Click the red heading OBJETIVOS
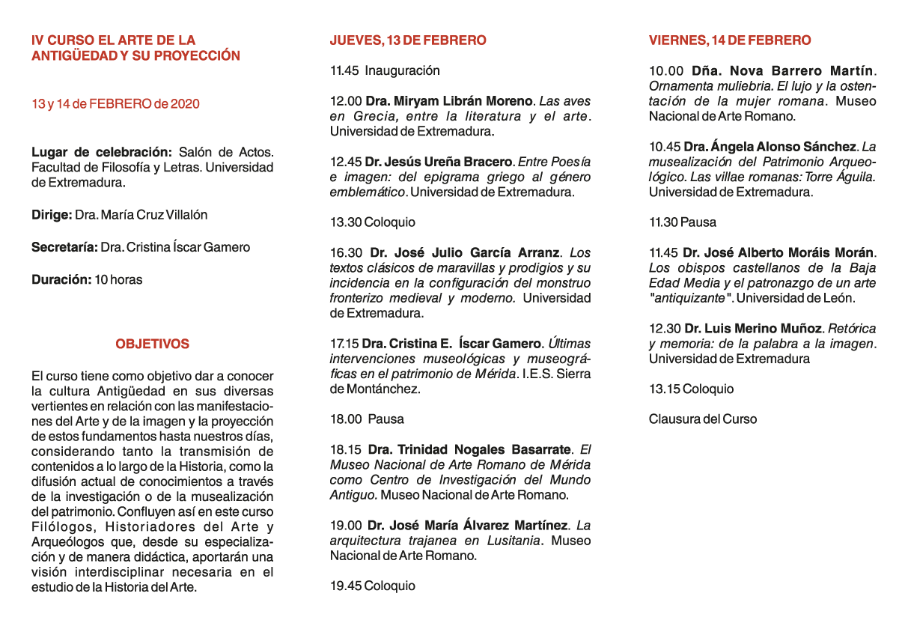pos(152,344)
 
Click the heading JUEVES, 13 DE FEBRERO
pos(408,40)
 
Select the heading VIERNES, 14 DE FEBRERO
pos(730,40)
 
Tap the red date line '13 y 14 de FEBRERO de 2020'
pos(115,104)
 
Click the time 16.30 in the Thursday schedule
pos(346,253)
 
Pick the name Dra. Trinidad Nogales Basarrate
pos(469,450)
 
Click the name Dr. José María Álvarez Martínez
pos(468,526)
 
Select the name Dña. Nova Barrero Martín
pos(782,71)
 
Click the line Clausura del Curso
pos(702,419)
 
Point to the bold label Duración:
pos(61,280)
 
